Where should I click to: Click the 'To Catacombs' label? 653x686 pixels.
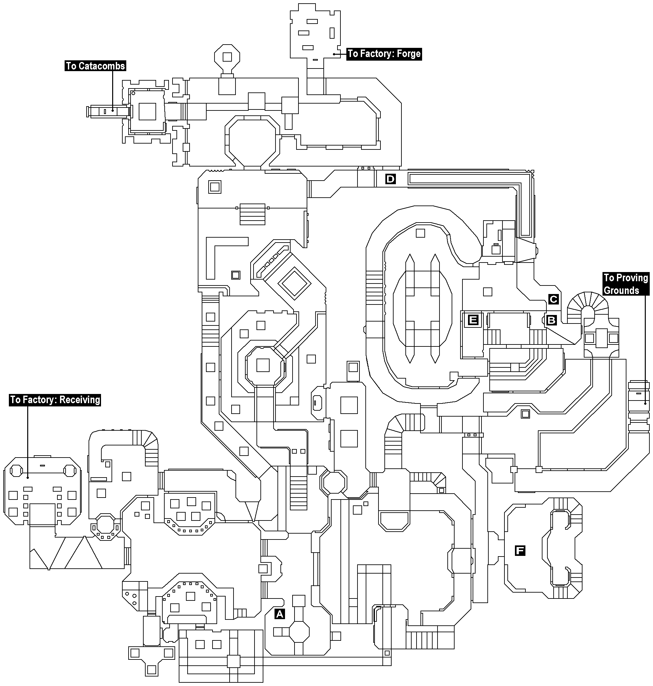point(95,66)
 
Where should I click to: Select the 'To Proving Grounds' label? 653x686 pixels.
point(626,284)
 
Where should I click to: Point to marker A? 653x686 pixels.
point(279,614)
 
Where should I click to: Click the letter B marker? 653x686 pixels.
point(551,320)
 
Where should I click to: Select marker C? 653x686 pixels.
point(553,299)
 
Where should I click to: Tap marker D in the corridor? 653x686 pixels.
point(391,179)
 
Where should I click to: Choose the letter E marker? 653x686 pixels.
point(473,320)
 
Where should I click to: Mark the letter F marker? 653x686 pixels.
point(520,550)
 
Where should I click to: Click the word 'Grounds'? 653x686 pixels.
point(621,290)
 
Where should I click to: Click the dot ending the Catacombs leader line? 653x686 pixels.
point(113,111)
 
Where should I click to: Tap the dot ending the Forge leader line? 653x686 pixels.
point(334,54)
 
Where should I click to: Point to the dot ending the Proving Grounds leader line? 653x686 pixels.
point(645,403)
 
